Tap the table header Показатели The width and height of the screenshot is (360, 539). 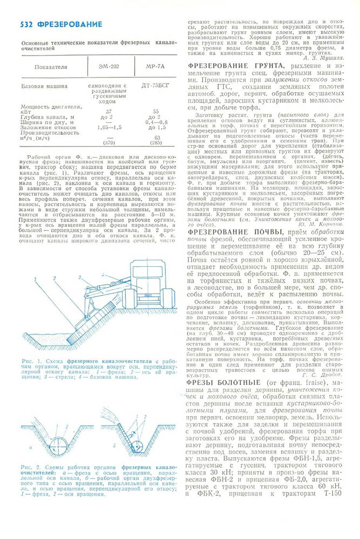point(51,67)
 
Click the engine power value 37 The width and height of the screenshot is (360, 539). point(109,112)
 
